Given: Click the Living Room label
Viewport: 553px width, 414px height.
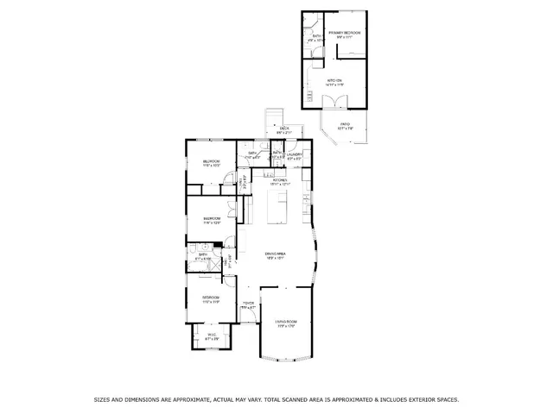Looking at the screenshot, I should (x=286, y=323).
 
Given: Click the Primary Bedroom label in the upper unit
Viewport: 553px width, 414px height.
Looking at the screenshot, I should (x=344, y=34).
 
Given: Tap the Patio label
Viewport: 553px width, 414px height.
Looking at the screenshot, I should (x=345, y=127).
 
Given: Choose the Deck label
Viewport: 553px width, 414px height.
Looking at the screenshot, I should (x=284, y=129).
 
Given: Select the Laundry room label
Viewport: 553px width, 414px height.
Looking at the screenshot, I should (x=295, y=156).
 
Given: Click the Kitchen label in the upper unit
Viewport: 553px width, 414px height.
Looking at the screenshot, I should (x=334, y=83).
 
